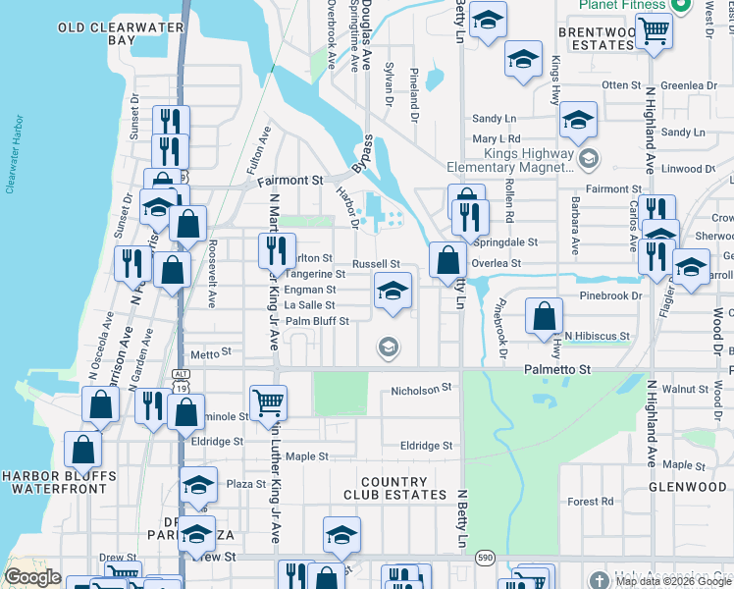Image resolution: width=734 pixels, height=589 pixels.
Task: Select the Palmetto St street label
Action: pos(557,369)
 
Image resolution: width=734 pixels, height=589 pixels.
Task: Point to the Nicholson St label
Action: pos(420,390)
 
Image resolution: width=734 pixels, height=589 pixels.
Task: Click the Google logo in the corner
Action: pos(32,577)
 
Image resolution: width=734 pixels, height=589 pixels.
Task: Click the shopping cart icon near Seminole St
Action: pos(267,402)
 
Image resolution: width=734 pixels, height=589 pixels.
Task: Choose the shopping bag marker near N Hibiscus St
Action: pos(544,316)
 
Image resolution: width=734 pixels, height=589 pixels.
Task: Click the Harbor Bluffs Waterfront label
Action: pos(59,484)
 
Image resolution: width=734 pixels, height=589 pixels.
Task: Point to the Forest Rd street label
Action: pos(590,502)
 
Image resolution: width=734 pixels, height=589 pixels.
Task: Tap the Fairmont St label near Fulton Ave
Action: pos(289,182)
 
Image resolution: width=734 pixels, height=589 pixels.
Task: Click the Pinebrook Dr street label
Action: pos(608,294)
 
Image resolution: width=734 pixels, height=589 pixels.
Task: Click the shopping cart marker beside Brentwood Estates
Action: pos(653,29)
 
